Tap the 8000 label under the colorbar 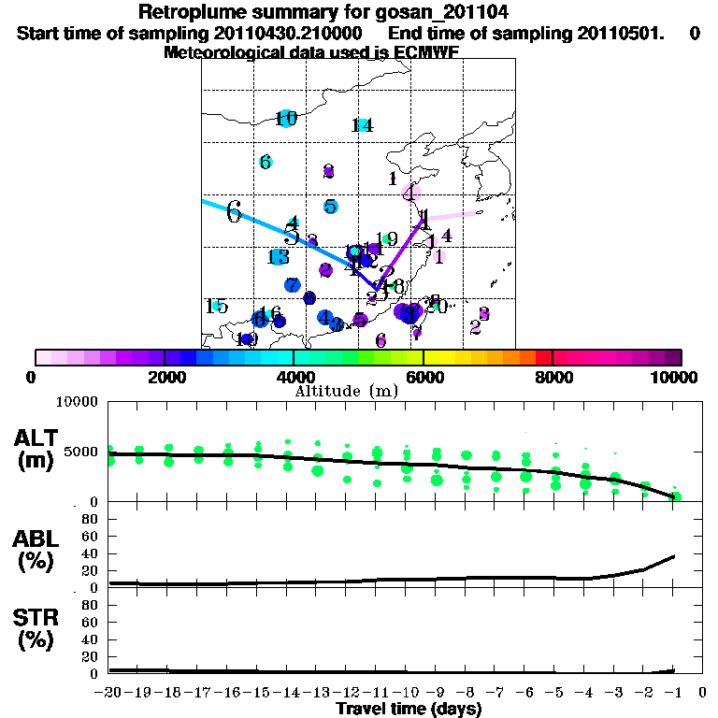553,377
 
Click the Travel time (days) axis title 409,710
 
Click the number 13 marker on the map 277,257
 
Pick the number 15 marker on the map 216,306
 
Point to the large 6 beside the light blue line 234,212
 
